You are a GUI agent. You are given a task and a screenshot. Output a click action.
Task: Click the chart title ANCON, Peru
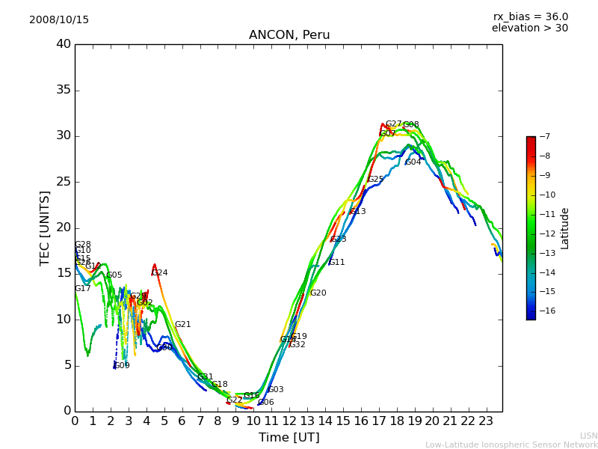289,35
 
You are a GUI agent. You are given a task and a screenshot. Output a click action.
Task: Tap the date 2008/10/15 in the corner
59,19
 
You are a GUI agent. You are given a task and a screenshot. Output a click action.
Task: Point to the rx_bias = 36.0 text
530,16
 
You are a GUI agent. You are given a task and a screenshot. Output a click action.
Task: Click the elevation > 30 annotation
529,28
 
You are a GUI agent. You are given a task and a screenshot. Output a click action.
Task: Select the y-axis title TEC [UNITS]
45,227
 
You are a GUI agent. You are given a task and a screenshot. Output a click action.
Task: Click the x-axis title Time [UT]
289,437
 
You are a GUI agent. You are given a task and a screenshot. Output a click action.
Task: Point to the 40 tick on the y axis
64,44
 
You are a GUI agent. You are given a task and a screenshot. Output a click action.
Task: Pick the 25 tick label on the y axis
64,182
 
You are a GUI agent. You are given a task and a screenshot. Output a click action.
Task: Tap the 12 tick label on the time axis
289,421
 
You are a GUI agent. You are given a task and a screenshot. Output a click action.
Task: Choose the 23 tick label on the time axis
486,421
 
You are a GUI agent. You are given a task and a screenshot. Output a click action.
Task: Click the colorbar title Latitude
565,227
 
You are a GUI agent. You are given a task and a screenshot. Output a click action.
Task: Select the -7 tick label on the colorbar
543,136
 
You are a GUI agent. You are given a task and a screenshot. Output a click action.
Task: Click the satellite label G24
160,273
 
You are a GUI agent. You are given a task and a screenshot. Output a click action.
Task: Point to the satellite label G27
393,124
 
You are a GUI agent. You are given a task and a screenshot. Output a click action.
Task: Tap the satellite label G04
413,162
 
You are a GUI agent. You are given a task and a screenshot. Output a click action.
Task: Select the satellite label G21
183,325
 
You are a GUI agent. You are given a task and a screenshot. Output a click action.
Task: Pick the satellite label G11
337,263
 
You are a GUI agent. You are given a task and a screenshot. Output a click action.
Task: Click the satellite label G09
122,366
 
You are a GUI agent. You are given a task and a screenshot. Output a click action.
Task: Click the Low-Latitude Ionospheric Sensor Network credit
511,445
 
